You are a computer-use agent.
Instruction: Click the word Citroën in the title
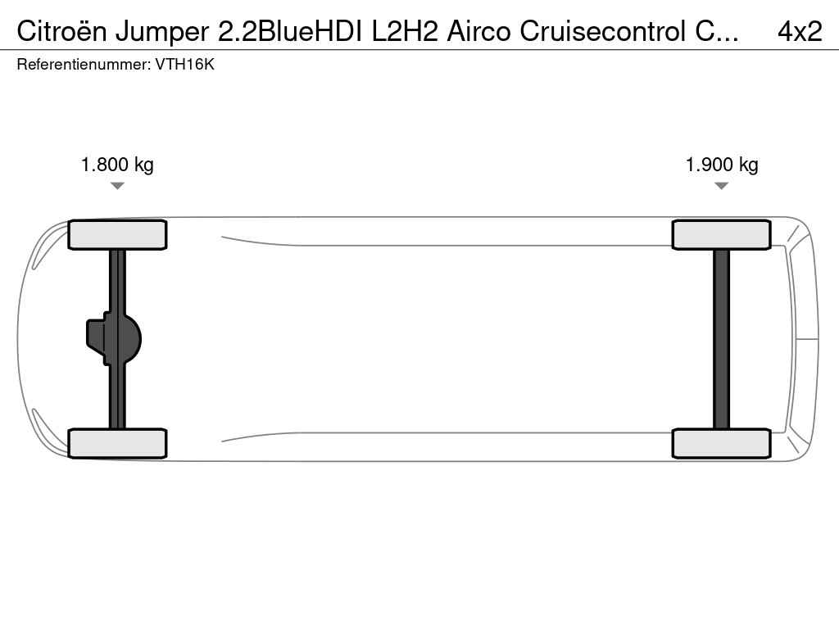tap(61, 32)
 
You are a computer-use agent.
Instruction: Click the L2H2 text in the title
tap(405, 32)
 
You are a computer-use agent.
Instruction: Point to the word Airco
tap(478, 32)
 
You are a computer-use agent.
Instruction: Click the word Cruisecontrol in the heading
tap(603, 32)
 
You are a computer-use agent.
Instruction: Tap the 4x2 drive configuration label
tap(800, 32)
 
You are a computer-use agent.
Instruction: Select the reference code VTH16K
tap(184, 65)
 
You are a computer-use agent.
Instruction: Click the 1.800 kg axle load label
tap(117, 165)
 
